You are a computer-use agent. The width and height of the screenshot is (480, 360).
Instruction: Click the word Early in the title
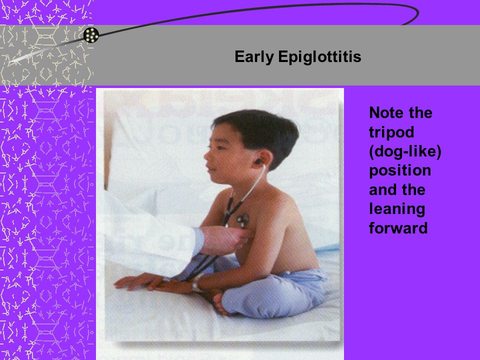click(x=254, y=57)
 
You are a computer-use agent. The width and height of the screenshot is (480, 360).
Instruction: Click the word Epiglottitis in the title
click(x=319, y=57)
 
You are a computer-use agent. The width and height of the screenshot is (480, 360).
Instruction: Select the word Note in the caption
click(x=386, y=112)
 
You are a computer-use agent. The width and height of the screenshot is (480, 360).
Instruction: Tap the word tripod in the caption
click(x=391, y=132)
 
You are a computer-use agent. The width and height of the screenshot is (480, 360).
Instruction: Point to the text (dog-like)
click(x=405, y=151)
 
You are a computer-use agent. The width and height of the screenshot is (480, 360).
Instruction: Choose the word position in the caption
click(x=400, y=171)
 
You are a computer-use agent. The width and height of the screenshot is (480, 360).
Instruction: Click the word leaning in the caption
click(x=397, y=209)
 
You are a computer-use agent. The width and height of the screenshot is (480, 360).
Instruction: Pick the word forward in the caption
click(x=398, y=228)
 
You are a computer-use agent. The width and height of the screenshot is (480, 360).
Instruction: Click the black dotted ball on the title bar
click(x=91, y=35)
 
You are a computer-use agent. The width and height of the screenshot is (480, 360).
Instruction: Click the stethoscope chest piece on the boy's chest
click(x=243, y=219)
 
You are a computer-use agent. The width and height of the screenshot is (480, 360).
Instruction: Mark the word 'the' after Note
click(x=420, y=112)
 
